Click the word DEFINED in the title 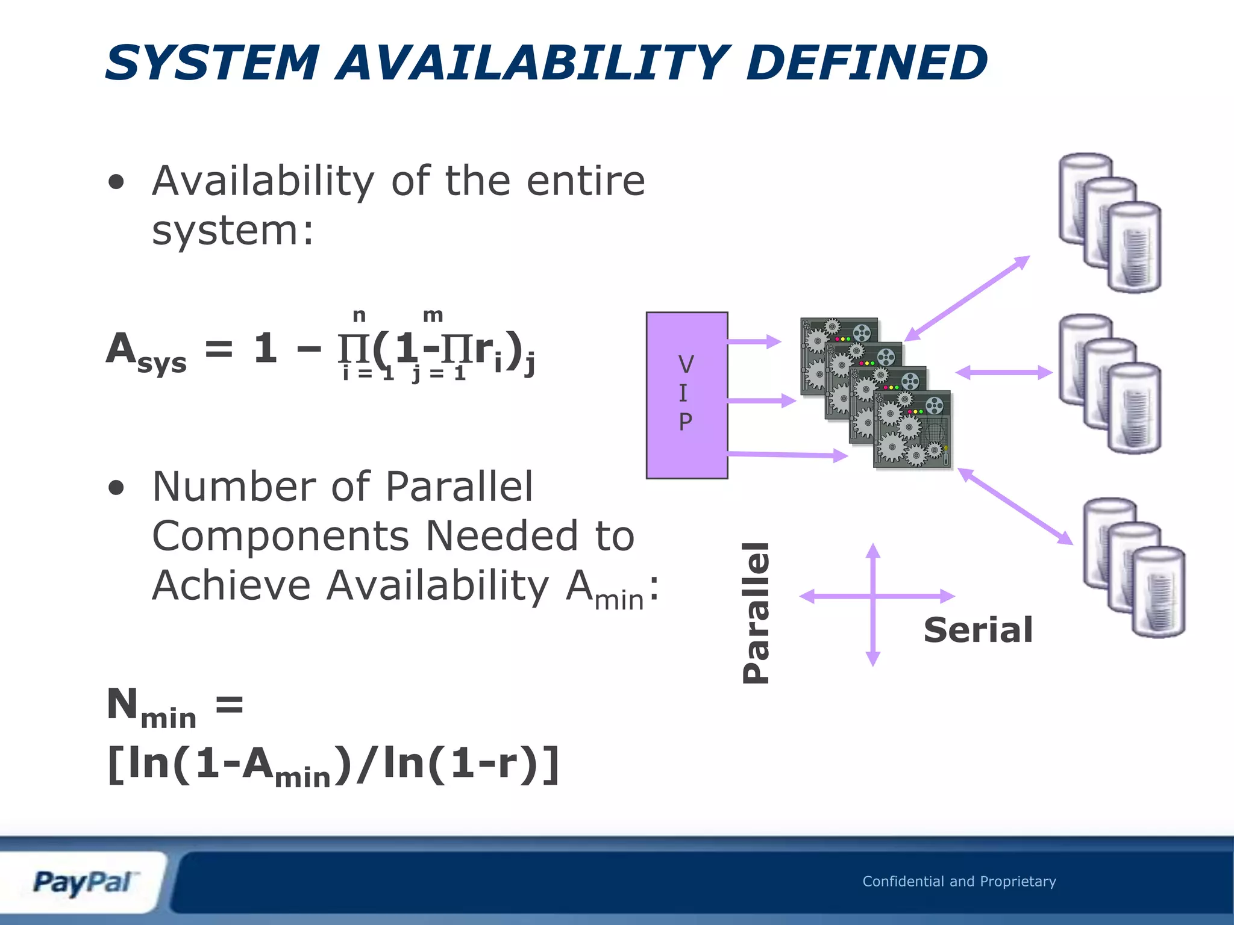pos(866,63)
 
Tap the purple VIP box pos(686,395)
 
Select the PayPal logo pos(83,883)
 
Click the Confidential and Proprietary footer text pos(959,882)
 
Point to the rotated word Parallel pos(756,612)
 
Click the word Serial pos(978,631)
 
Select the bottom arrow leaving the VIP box pos(787,455)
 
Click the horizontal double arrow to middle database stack pos(1004,373)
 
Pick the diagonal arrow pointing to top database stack pos(967,298)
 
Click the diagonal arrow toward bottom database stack pos(1015,506)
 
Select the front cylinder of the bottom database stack pos(1158,591)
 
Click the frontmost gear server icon pos(912,429)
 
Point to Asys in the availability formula pos(146,352)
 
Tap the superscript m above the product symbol pos(433,314)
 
